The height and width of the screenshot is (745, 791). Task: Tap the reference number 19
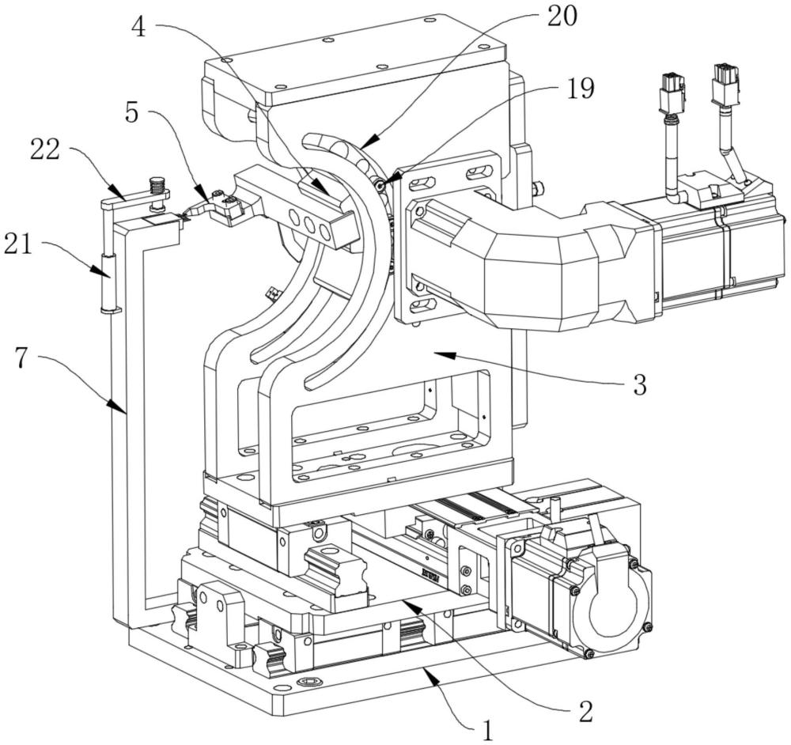coord(581,89)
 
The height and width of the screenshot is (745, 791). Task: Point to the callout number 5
coord(131,113)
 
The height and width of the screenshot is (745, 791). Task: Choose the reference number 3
coord(639,385)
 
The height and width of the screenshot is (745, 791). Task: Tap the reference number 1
coord(487,729)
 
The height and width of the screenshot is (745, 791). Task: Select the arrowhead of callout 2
coord(401,601)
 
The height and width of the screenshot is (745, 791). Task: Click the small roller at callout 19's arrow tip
coord(380,185)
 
